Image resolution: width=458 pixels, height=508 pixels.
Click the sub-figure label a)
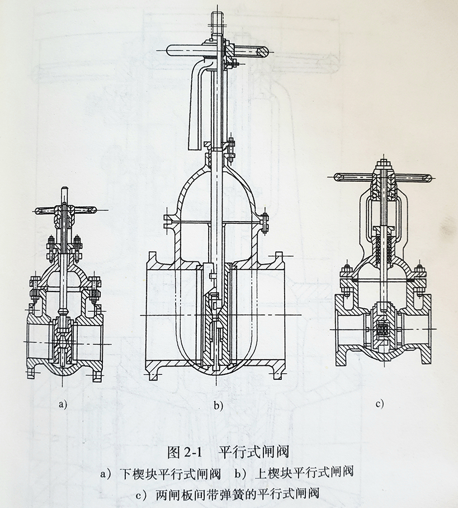pos(62,404)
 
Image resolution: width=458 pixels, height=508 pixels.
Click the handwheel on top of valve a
pos(64,211)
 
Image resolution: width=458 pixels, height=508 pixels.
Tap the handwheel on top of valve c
pos(383,177)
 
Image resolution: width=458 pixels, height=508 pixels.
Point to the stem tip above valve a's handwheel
pos(65,194)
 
